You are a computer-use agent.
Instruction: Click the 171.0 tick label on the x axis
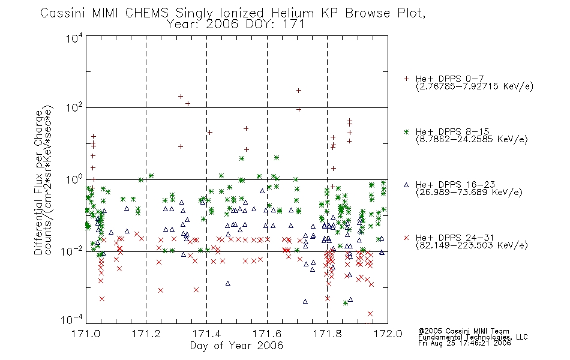click(86, 334)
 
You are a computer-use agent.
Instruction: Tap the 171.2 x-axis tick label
click(146, 334)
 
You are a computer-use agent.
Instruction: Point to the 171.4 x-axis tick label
click(206, 334)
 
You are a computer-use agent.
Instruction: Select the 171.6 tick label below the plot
click(267, 334)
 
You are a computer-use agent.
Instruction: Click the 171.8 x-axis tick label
click(328, 334)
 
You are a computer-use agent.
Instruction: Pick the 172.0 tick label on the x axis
click(388, 334)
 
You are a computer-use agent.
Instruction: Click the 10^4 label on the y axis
click(74, 38)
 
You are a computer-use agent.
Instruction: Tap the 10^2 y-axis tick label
click(74, 107)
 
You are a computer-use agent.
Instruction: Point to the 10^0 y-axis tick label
click(74, 179)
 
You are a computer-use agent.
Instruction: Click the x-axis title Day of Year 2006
click(236, 346)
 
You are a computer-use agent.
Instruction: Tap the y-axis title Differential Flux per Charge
click(38, 182)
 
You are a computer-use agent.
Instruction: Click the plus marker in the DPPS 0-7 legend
click(406, 79)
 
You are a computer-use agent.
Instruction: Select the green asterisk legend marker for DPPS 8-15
click(406, 132)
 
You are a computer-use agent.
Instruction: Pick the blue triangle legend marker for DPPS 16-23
click(406, 185)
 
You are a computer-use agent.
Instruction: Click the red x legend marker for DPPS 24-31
click(406, 238)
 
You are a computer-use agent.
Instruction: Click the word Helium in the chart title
click(292, 13)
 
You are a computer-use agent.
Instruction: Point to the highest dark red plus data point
click(298, 91)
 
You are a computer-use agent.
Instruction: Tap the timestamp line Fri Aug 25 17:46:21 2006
click(464, 343)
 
